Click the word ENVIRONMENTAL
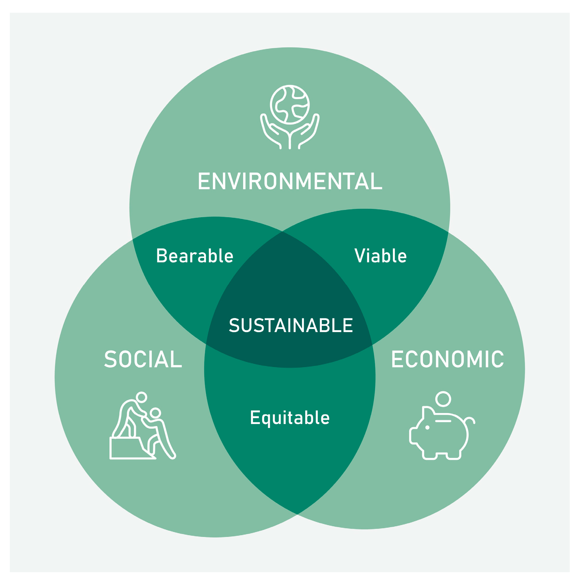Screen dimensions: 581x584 tap(290, 181)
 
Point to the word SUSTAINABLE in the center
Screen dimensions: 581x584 tap(291, 325)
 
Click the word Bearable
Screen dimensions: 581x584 tap(195, 256)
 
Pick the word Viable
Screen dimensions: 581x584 tap(380, 256)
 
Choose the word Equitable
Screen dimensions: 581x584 tap(290, 418)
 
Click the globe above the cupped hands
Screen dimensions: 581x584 tap(290, 105)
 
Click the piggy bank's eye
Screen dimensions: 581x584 tap(427, 427)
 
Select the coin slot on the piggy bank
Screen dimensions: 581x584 tap(443, 421)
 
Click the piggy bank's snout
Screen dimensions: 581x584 tap(413, 436)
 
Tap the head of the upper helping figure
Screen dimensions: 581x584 tap(141, 397)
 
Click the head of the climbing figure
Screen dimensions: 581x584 tap(155, 413)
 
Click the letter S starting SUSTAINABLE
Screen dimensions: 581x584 tap(234, 325)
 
